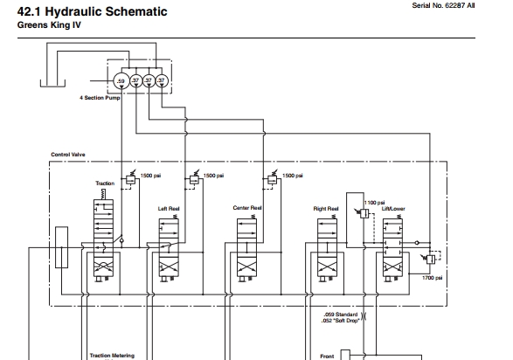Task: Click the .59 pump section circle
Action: pyautogui.click(x=121, y=80)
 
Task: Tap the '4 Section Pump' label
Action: pyautogui.click(x=100, y=98)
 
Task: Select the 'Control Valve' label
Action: pyautogui.click(x=68, y=155)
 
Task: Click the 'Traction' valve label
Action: pyautogui.click(x=105, y=183)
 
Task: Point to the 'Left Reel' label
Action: pyautogui.click(x=169, y=209)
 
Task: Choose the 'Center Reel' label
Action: pyautogui.click(x=247, y=208)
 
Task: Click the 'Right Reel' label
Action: pyautogui.click(x=326, y=209)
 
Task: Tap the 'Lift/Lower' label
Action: pyautogui.click(x=393, y=209)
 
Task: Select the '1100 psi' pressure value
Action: pyautogui.click(x=375, y=203)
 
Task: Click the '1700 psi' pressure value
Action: pyautogui.click(x=433, y=278)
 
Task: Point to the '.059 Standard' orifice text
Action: pyautogui.click(x=341, y=315)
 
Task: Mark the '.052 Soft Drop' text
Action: pyautogui.click(x=340, y=321)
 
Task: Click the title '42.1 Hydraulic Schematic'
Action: pyautogui.click(x=93, y=11)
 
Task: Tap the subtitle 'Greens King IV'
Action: pyautogui.click(x=49, y=25)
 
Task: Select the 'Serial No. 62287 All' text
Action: pyautogui.click(x=443, y=5)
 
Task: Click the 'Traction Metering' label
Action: pyautogui.click(x=112, y=356)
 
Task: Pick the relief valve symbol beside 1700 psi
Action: pyautogui.click(x=431, y=259)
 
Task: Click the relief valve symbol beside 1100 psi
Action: pyautogui.click(x=364, y=213)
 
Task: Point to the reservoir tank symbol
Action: pyautogui.click(x=52, y=84)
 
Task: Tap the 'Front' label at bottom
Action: pyautogui.click(x=327, y=357)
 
